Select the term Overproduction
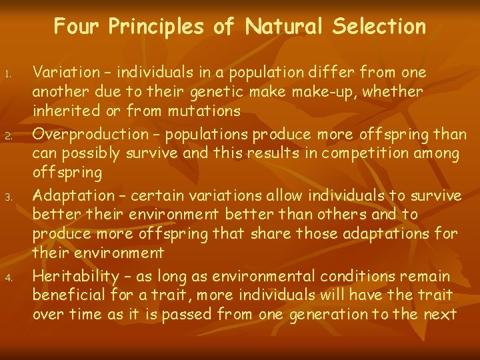(x=85, y=135)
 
